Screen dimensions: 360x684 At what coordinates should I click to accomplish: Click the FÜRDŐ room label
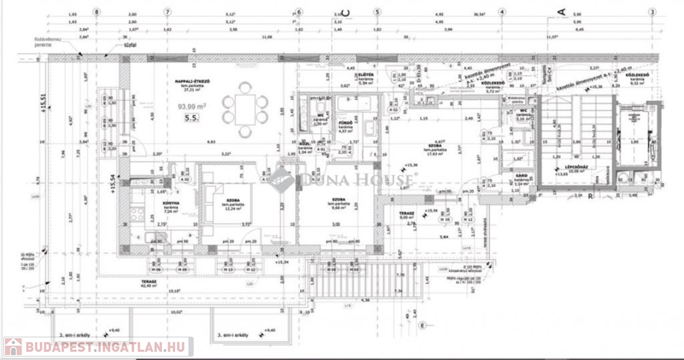(345, 124)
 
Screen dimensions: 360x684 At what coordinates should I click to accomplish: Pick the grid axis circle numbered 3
(651, 11)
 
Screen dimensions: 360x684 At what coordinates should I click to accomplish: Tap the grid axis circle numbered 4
(502, 11)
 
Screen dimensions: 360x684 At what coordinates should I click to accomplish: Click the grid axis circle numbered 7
(167, 11)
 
